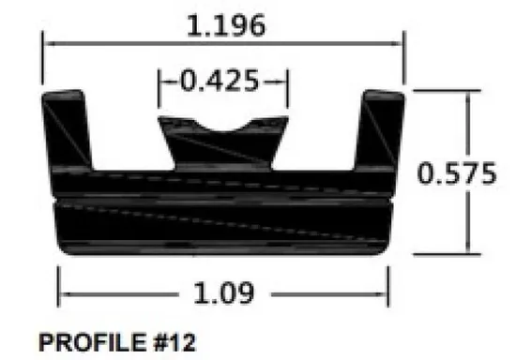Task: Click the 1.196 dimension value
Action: [x=223, y=25]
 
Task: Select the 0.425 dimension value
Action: [x=220, y=82]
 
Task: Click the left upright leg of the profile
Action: [x=68, y=131]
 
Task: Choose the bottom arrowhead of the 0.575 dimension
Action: [x=466, y=250]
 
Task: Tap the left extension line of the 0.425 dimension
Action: [x=159, y=89]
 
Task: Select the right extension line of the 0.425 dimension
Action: [x=286, y=89]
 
